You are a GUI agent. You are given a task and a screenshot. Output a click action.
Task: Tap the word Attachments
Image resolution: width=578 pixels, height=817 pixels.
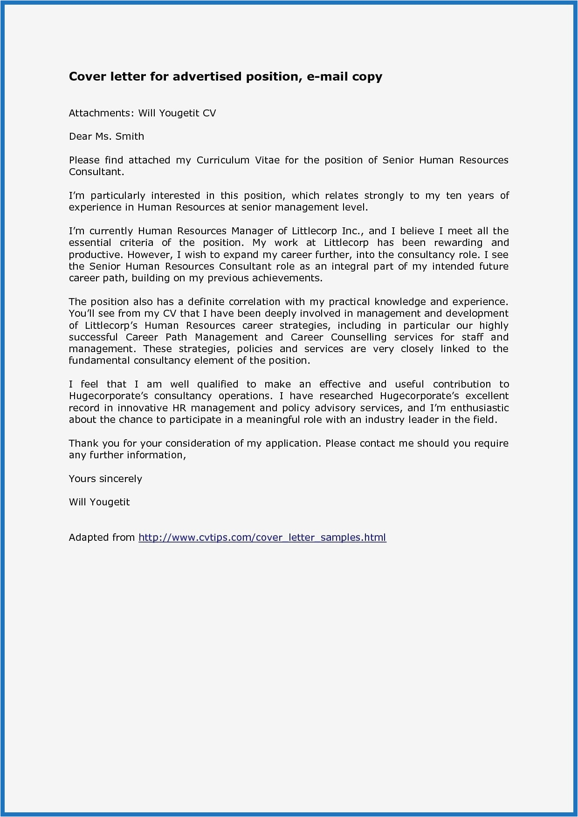[x=102, y=113]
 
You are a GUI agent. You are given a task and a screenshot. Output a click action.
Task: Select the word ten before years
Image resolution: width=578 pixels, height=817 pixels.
[x=454, y=196]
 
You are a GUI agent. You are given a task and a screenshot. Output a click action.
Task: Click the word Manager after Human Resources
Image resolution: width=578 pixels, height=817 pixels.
[x=252, y=231]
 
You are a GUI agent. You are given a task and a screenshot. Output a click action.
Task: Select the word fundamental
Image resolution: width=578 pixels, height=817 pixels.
[x=99, y=361]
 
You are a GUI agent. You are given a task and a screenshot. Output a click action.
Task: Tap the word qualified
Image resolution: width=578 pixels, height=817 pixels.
[x=218, y=384]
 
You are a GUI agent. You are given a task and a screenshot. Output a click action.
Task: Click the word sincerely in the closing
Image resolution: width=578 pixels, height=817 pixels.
[x=120, y=479]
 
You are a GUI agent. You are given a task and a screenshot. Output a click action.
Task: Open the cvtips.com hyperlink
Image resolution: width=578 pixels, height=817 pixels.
[x=262, y=538]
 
